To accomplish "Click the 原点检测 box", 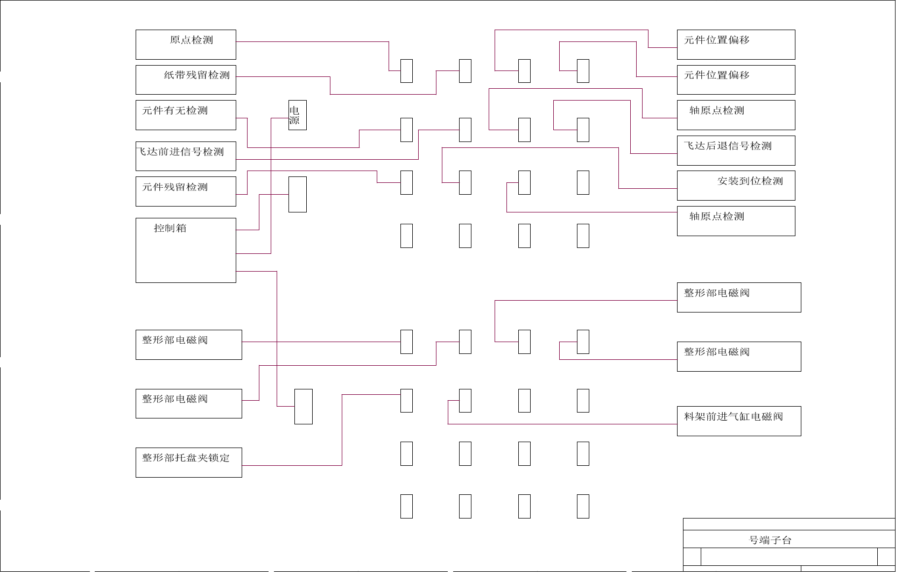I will tap(186, 45).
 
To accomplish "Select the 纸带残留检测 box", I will tap(186, 80).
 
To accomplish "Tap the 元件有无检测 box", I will tap(186, 115).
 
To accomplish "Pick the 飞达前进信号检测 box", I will tap(186, 156).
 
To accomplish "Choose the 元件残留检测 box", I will tap(186, 191).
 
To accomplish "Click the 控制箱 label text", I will tap(170, 228).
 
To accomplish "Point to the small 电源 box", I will tap(297, 115).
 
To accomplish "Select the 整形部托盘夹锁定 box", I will tap(188, 463).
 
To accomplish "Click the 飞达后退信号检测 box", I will tap(736, 151).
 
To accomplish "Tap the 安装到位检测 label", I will tap(750, 181).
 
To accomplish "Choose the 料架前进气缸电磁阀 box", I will tap(738, 421).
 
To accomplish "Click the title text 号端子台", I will tap(770, 540).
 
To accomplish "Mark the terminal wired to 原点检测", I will tap(406, 71).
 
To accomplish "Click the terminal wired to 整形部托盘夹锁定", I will tap(406, 401).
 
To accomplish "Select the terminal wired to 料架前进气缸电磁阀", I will tap(465, 401).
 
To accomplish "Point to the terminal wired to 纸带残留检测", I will tap(465, 71).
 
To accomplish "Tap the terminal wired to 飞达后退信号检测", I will tap(583, 130).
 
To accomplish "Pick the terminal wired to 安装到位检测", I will tap(465, 182).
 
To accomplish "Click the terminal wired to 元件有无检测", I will tap(406, 130).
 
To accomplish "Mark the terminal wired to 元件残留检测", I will tap(406, 182).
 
